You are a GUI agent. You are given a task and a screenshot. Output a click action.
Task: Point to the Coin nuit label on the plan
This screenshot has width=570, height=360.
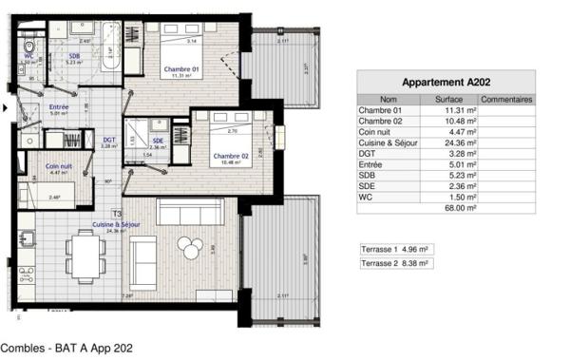pyautogui.click(x=60, y=167)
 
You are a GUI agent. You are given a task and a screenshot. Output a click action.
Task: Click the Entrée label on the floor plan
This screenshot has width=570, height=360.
pyautogui.click(x=58, y=107)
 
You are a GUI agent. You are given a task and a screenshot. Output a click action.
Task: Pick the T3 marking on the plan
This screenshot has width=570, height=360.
pyautogui.click(x=117, y=214)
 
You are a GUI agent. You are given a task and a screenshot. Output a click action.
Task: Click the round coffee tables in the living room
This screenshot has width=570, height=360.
pyautogui.click(x=191, y=246)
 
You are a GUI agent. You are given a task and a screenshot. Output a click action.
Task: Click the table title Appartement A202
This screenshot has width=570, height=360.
pyautogui.click(x=446, y=83)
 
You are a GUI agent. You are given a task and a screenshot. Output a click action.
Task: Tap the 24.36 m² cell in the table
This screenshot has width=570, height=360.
pyautogui.click(x=460, y=143)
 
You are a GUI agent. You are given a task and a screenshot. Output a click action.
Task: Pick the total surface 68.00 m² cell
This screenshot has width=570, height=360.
pyautogui.click(x=460, y=206)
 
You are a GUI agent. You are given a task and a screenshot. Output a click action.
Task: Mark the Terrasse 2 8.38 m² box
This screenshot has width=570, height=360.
pyautogui.click(x=395, y=263)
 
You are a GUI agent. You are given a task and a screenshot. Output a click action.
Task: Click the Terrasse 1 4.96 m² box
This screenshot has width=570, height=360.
pyautogui.click(x=395, y=249)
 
